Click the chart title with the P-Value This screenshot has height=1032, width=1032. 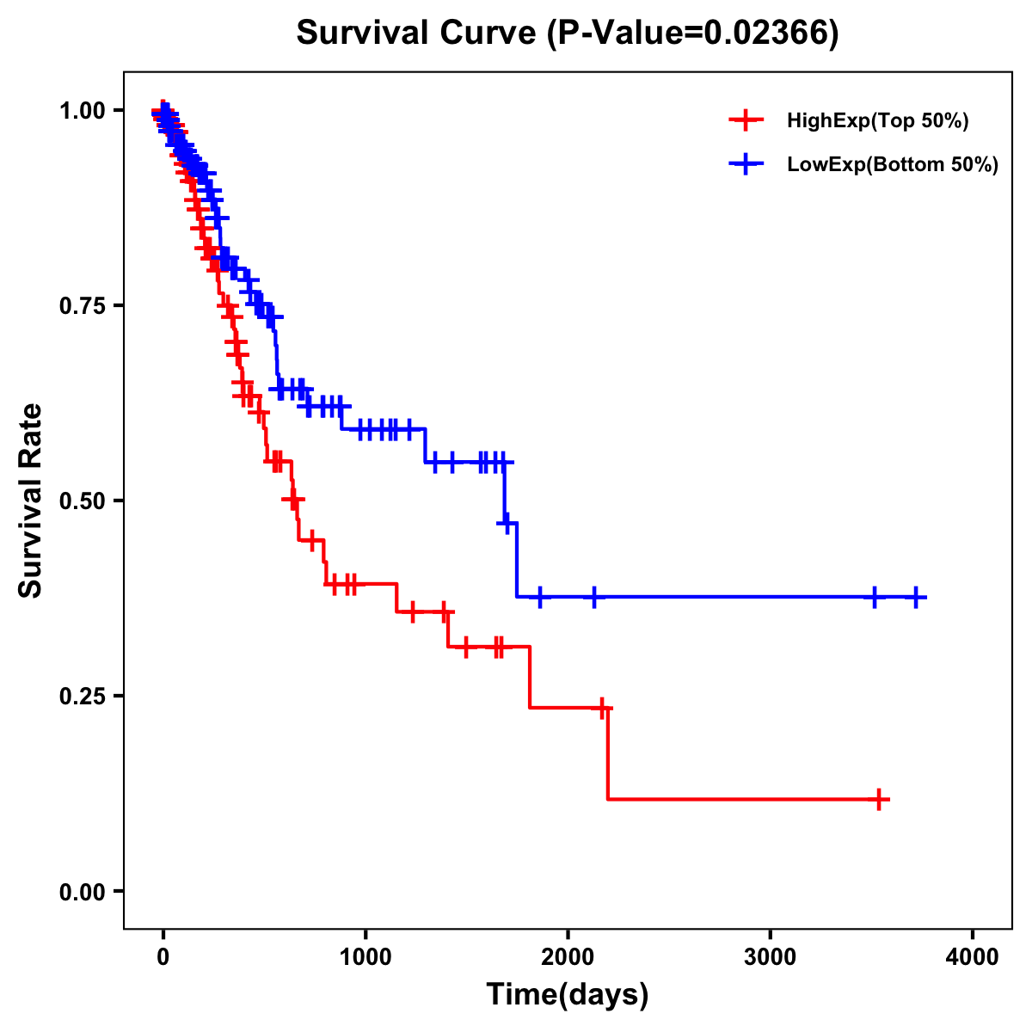(x=568, y=34)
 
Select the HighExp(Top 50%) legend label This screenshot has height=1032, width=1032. (x=878, y=121)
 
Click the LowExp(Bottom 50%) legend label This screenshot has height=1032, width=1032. (x=893, y=164)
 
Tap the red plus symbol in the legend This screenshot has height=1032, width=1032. (x=746, y=120)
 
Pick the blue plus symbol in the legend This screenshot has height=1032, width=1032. (x=746, y=163)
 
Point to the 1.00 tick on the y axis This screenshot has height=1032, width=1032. (x=83, y=110)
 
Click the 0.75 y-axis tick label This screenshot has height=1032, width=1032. (x=83, y=305)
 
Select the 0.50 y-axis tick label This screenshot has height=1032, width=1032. (x=83, y=501)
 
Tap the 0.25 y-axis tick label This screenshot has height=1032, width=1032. (x=83, y=696)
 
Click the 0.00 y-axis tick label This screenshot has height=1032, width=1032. (x=83, y=891)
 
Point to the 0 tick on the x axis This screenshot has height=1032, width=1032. (x=163, y=957)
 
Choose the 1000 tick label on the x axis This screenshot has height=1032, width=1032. (x=365, y=957)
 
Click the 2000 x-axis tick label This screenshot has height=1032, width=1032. (x=568, y=957)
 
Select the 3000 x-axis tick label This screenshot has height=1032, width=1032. (x=770, y=957)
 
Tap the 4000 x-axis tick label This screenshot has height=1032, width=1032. (x=973, y=957)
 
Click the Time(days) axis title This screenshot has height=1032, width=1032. (x=568, y=995)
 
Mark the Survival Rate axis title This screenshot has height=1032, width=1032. (x=31, y=501)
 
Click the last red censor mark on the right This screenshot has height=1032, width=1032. (x=879, y=799)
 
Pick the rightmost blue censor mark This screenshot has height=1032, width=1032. (x=917, y=597)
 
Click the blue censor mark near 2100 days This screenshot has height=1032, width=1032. (x=594, y=597)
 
